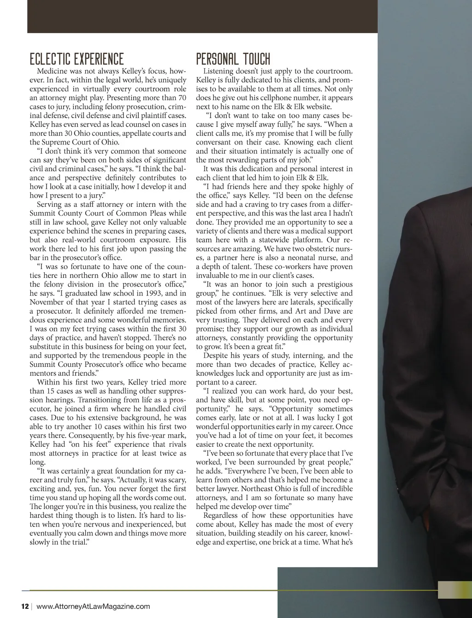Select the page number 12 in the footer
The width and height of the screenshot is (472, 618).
[x=25, y=606]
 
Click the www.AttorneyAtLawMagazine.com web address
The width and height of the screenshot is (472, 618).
[x=93, y=606]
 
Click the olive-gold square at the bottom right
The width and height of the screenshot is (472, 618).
[x=454, y=590]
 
